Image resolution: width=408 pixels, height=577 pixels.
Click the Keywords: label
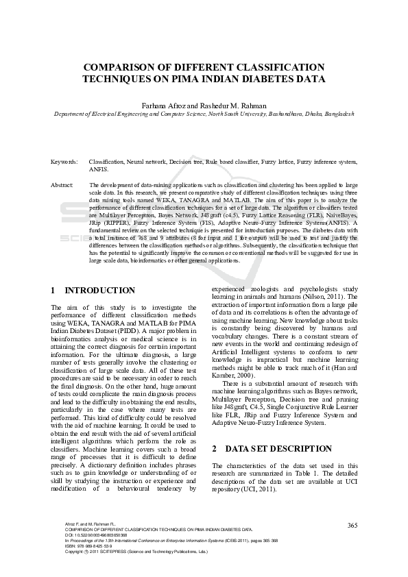64,162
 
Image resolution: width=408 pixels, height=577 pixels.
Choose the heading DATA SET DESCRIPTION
279,450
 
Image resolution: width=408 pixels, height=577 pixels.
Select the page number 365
352,525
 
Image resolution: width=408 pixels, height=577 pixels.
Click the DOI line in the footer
96,535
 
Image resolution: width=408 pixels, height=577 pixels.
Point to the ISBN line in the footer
89,545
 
